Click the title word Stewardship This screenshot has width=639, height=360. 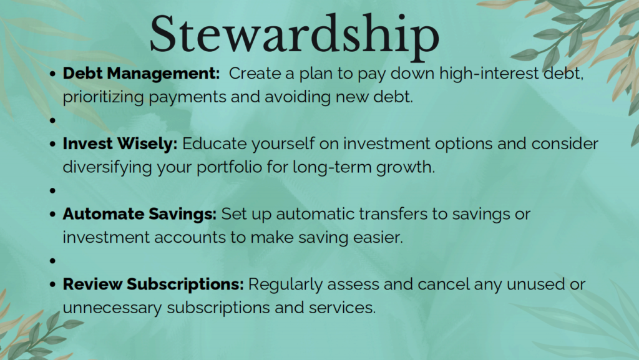pos(295,34)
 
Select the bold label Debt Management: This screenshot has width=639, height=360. pos(141,74)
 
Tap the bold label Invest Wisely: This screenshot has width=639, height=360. pos(120,144)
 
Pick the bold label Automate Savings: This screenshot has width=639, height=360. pos(139,214)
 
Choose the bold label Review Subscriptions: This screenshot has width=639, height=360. pos(154,285)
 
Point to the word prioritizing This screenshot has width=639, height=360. pos(103,97)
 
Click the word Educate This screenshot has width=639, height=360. pos(215,144)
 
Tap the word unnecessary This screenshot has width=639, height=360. pos(112,308)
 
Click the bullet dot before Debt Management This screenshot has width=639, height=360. pos(52,74)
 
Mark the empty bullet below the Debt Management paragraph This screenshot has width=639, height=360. pos(52,120)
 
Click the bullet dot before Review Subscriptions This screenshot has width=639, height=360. pos(52,285)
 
